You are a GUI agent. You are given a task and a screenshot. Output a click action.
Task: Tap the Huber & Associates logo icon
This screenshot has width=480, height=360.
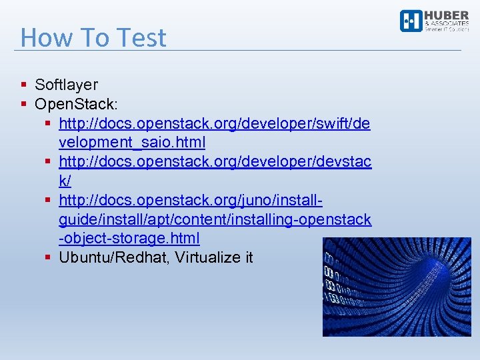[x=410, y=21]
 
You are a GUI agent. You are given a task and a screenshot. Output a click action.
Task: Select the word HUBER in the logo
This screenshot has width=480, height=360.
[x=447, y=16]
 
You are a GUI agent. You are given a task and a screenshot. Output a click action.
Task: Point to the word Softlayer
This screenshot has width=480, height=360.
[x=66, y=85]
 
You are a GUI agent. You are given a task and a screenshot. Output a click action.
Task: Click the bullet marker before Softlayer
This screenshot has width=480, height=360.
[x=24, y=85]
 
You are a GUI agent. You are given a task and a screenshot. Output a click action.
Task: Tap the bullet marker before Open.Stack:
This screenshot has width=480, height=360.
[x=24, y=104]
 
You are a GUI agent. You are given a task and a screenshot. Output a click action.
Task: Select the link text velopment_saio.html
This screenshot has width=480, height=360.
[x=132, y=143]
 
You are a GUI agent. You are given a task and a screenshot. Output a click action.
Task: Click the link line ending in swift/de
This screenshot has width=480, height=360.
[x=215, y=123]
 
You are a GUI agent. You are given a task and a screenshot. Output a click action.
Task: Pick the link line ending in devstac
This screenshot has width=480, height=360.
[x=215, y=162]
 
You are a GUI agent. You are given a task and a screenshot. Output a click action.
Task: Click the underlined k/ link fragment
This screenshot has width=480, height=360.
[x=65, y=181]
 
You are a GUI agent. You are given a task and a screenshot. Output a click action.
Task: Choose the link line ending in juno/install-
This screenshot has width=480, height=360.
[x=191, y=200]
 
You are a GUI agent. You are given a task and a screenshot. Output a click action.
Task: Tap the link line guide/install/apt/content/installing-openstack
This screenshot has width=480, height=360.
[x=215, y=219]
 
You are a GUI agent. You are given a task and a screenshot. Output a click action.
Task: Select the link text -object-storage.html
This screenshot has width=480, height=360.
[x=129, y=238]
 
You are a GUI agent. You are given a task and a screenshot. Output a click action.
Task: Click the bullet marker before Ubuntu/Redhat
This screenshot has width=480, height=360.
[x=49, y=257]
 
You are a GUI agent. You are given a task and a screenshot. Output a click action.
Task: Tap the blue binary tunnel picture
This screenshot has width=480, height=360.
[x=397, y=287]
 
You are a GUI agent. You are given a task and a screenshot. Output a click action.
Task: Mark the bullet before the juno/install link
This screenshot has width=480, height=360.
[x=49, y=200]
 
